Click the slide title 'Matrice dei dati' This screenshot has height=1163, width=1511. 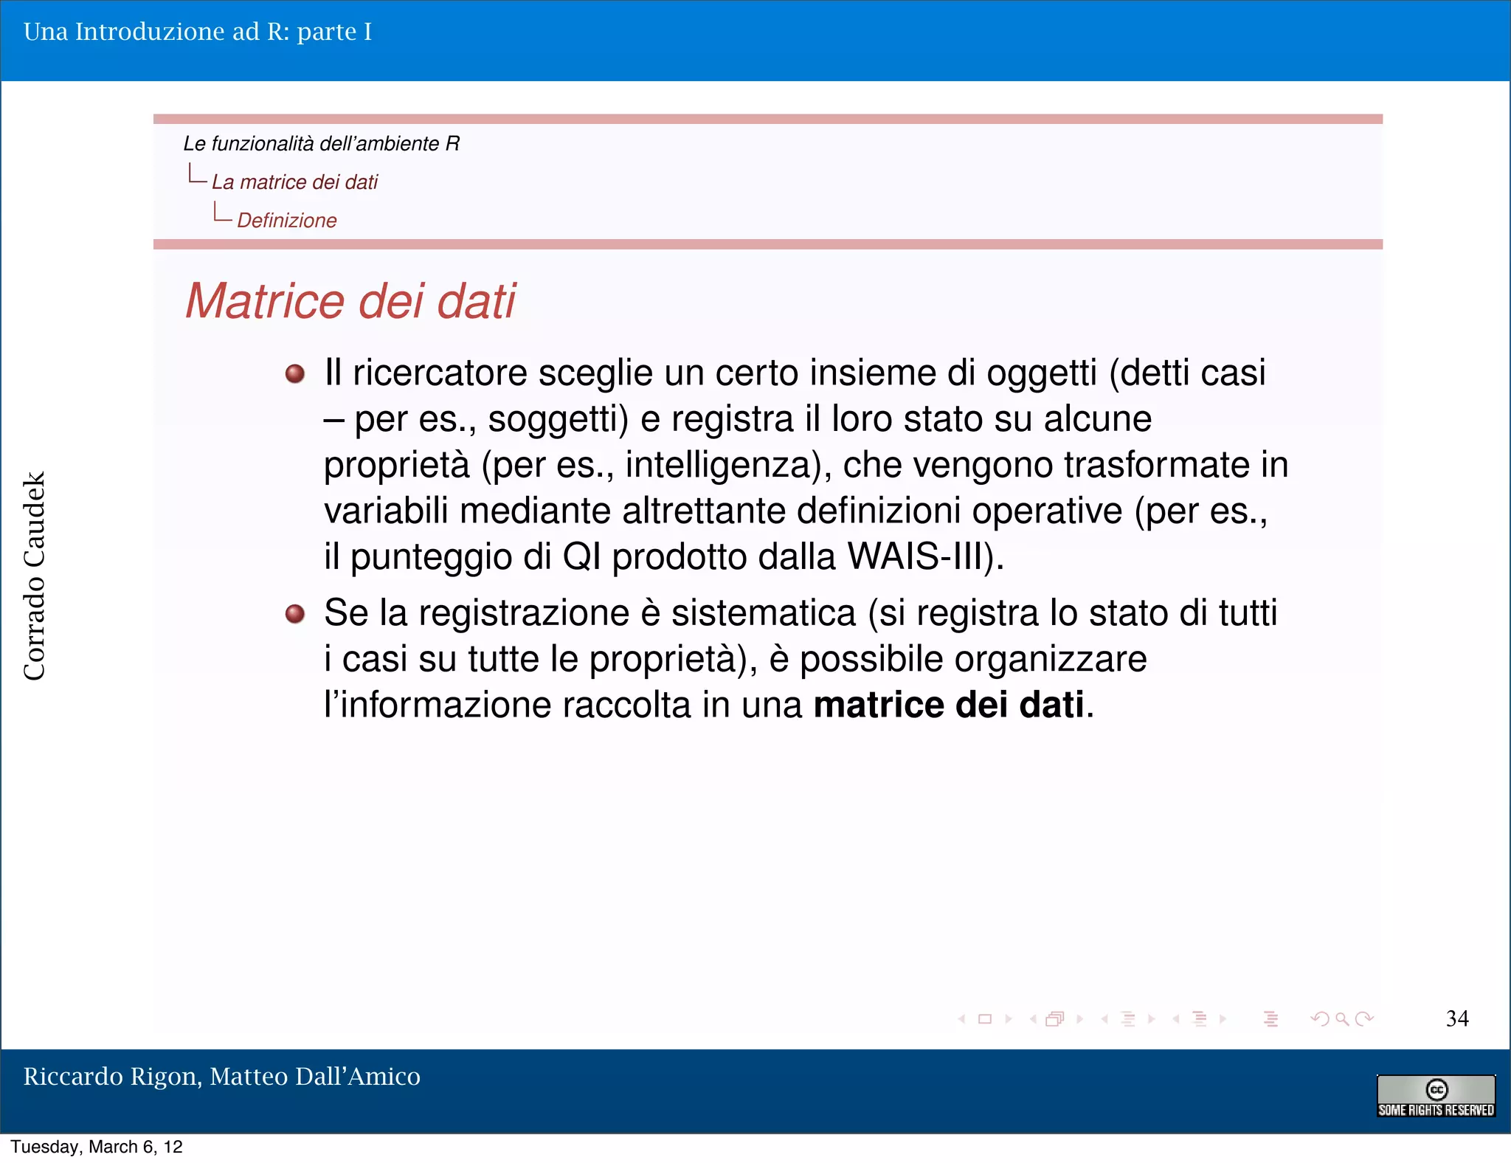tap(350, 301)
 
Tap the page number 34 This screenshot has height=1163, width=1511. tap(1456, 1018)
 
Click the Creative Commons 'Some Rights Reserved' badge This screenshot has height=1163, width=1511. tap(1436, 1096)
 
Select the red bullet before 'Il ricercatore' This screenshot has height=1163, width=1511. tap(295, 373)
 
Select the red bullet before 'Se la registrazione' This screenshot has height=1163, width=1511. tap(295, 613)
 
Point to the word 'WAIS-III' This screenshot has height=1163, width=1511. tap(919, 556)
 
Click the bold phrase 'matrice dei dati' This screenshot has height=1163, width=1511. tap(949, 705)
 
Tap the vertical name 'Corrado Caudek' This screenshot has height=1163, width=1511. tap(35, 576)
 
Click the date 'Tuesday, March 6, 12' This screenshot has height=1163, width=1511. tap(97, 1147)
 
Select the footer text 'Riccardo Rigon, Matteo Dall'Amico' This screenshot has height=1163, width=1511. tap(222, 1076)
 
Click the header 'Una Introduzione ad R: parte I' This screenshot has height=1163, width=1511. tap(198, 32)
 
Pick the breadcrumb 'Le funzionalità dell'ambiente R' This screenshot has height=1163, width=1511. tap(322, 143)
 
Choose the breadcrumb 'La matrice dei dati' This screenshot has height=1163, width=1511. tap(294, 182)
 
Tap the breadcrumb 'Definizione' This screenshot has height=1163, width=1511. tap(287, 220)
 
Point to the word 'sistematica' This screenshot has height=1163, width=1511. tap(764, 613)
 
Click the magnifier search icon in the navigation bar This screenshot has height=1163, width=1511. tap(1342, 1019)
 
